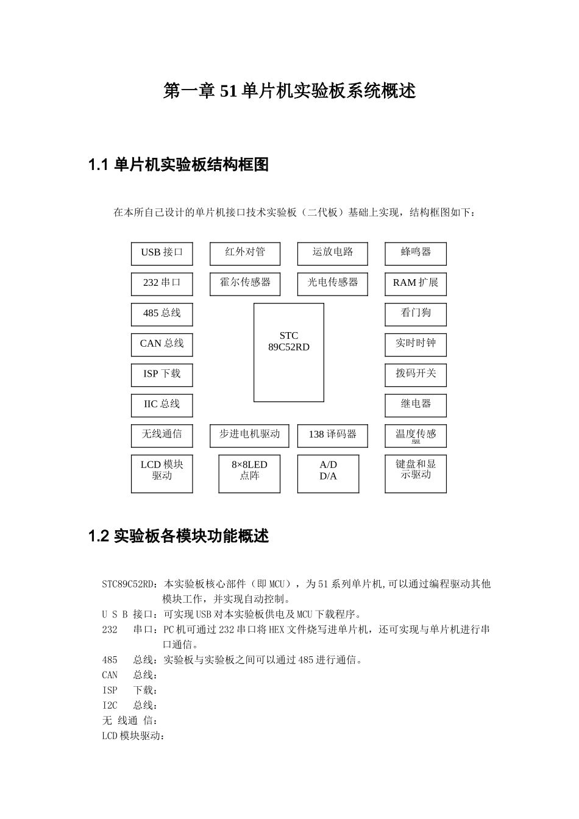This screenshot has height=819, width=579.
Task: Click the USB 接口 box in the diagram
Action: tap(162, 253)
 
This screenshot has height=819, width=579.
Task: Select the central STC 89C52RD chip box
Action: tap(288, 352)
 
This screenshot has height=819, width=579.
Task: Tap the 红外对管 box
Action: tap(245, 253)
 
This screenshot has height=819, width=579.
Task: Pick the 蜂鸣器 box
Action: tap(416, 253)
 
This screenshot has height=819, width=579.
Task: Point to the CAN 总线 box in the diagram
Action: tap(162, 344)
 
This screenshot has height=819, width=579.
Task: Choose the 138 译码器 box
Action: tap(332, 436)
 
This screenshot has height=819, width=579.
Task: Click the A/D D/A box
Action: tap(328, 473)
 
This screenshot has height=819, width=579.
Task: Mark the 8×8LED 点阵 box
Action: tap(249, 473)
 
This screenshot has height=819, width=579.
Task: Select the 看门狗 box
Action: tap(416, 314)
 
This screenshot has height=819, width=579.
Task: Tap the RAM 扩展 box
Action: tap(416, 284)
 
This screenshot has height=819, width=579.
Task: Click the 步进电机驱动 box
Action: tap(249, 436)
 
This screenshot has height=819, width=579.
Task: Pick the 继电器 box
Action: tap(416, 405)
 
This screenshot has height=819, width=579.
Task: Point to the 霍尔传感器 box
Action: tap(245, 284)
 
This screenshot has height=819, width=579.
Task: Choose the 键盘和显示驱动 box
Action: tap(416, 473)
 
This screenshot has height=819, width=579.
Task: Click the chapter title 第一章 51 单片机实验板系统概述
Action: tap(289, 91)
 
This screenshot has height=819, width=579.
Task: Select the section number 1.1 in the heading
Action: tap(98, 165)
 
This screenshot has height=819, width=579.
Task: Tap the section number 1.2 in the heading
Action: tap(98, 537)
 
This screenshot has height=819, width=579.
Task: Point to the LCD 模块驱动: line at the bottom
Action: tap(133, 736)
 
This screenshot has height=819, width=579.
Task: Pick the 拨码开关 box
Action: tap(416, 375)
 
